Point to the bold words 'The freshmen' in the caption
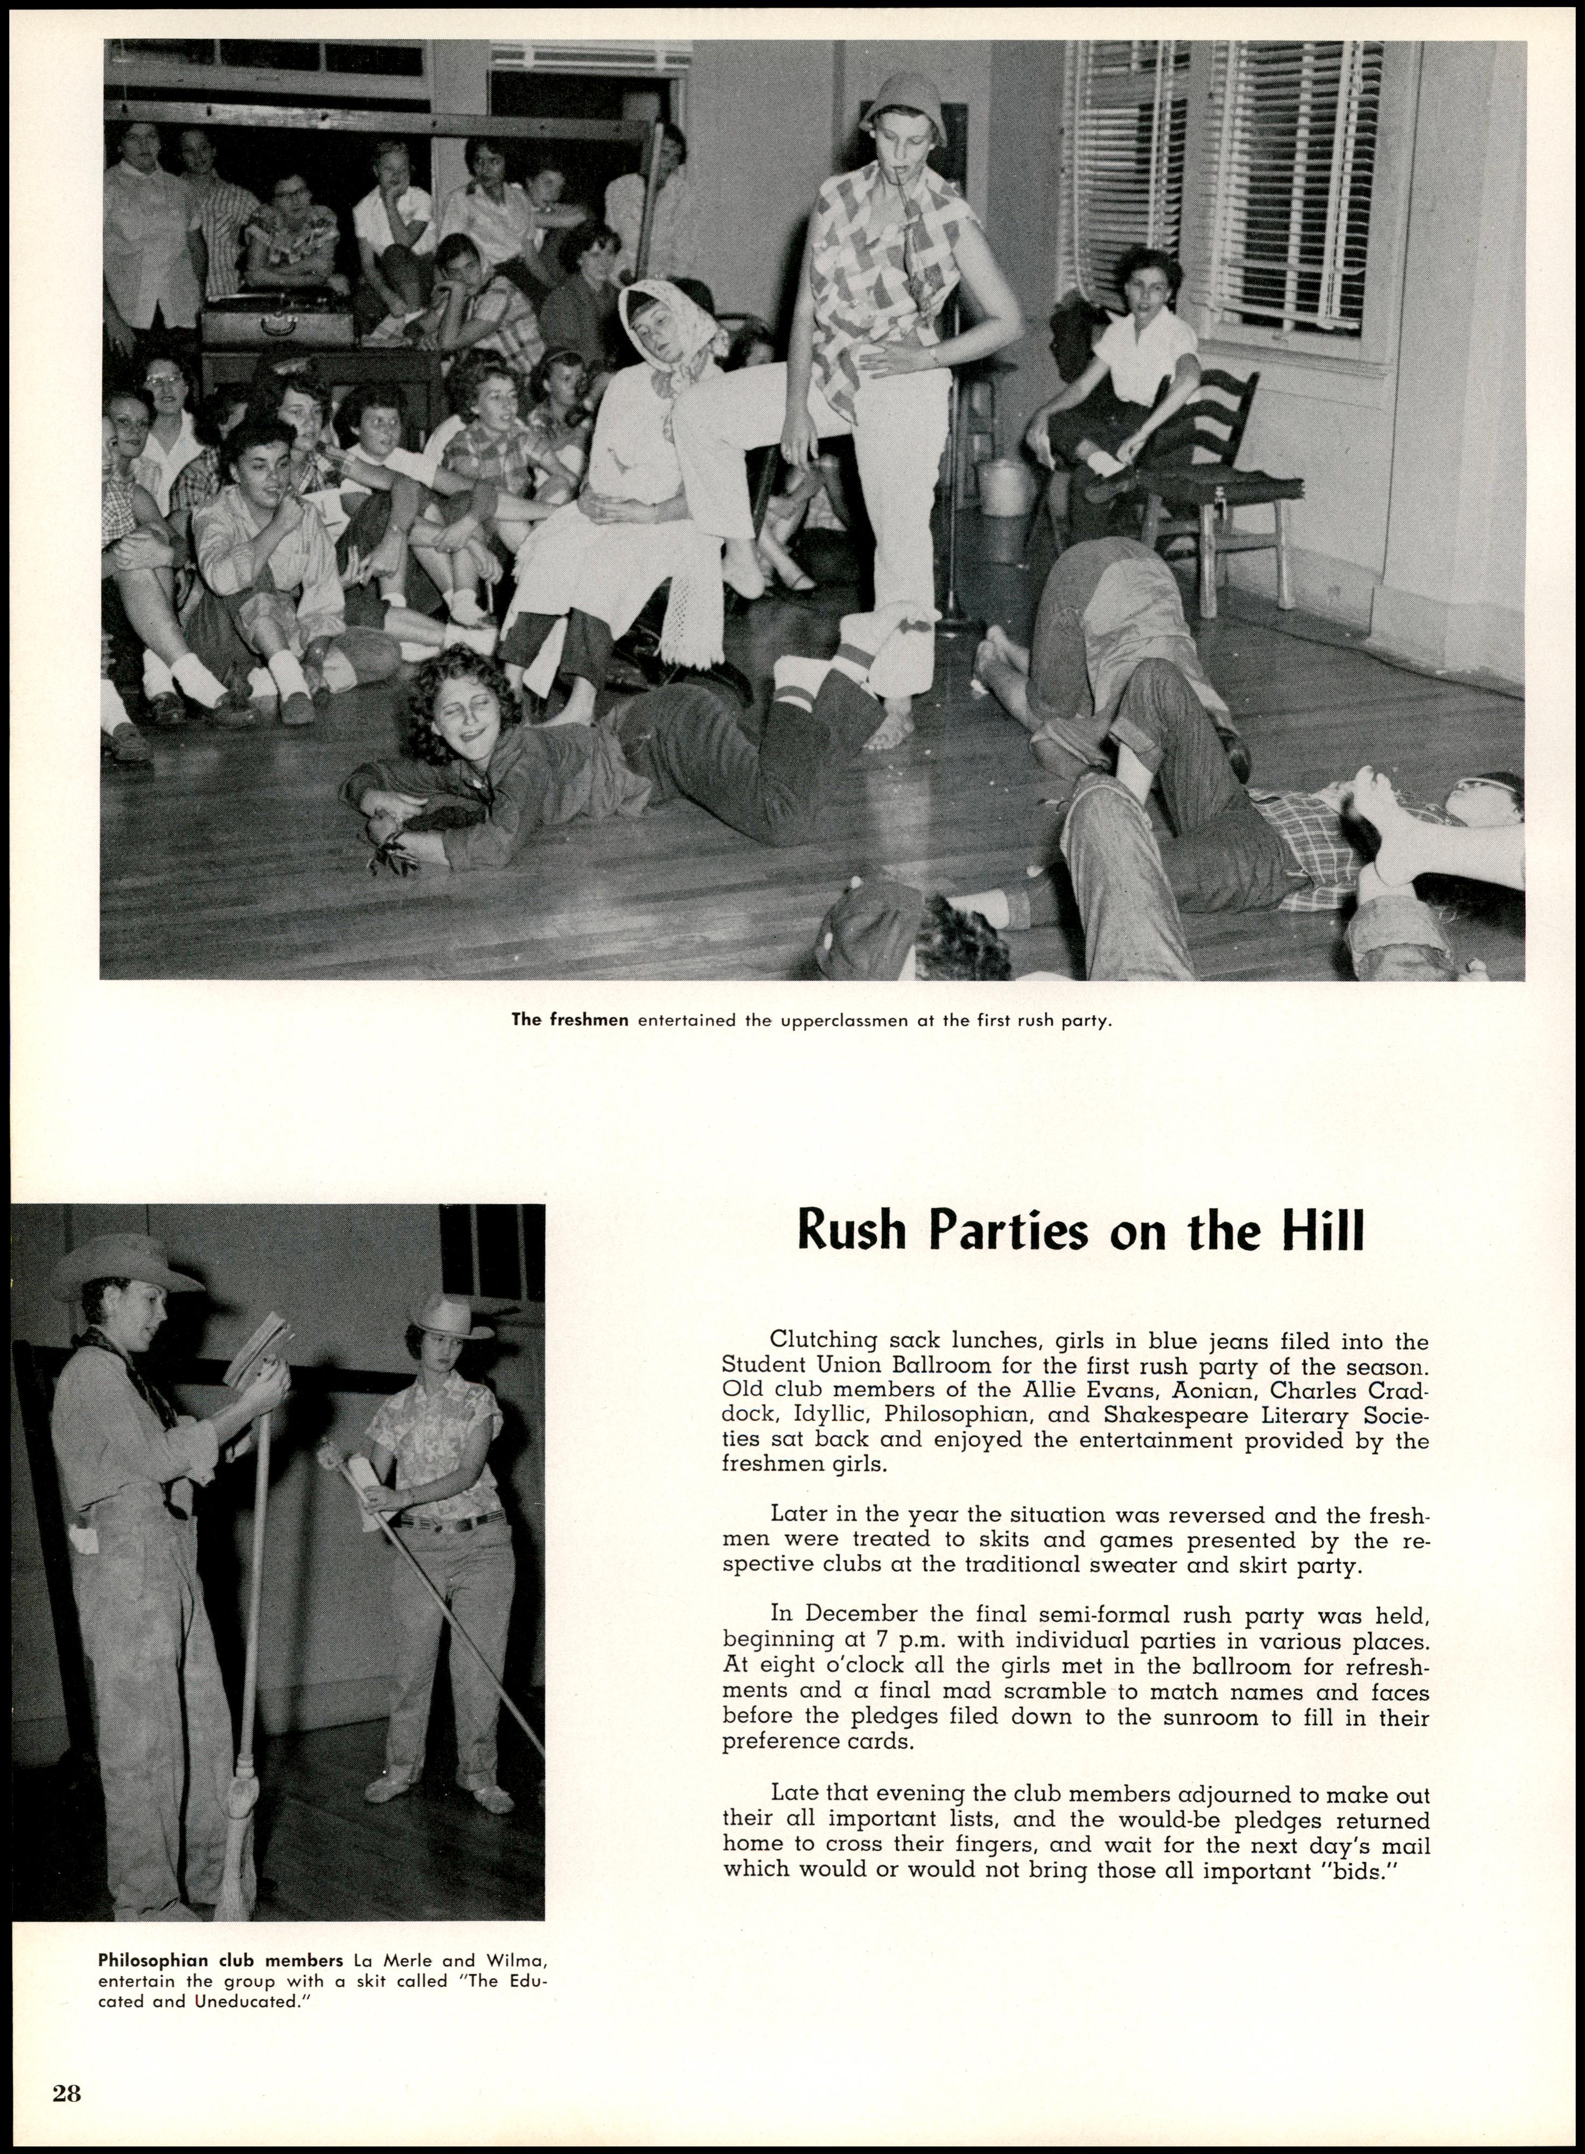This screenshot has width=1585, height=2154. click(570, 1019)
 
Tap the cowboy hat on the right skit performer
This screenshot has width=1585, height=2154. click(451, 1318)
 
